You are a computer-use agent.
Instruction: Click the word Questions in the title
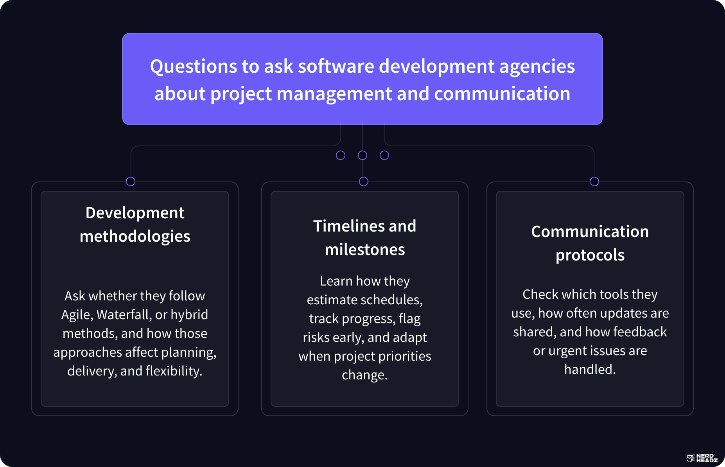coord(193,66)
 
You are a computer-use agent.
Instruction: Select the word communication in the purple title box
coord(502,94)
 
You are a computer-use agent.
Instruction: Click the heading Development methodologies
coord(135,225)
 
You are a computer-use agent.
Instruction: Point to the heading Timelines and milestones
coord(365,238)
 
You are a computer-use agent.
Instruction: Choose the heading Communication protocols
coord(590,243)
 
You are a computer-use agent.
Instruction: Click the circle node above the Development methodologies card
coord(131,181)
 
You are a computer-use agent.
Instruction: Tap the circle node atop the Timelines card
coord(364,181)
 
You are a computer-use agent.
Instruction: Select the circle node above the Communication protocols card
coord(594,181)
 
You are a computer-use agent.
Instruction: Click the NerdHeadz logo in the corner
coord(702,458)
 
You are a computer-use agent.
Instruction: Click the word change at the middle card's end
coord(364,375)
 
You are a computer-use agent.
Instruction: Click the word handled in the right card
coord(590,370)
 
